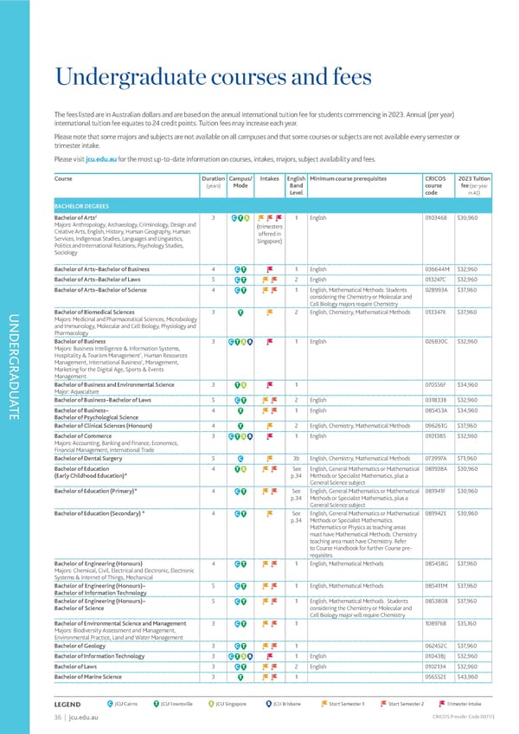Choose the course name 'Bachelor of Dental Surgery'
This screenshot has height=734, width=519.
(95, 459)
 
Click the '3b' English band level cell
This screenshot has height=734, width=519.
(295, 459)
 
